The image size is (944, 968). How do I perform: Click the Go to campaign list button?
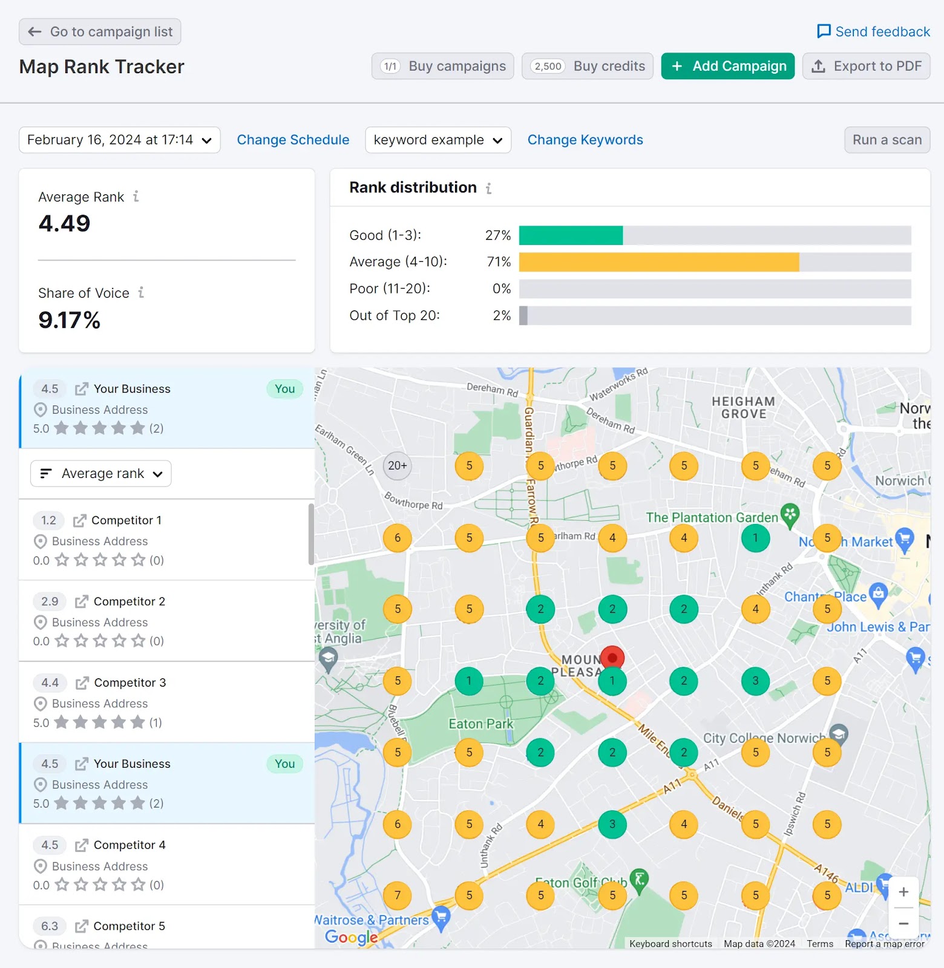point(100,31)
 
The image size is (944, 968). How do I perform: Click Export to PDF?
point(866,66)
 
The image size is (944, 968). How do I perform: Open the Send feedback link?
point(873,31)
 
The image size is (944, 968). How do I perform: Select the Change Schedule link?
point(293,140)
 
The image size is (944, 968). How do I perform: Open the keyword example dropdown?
point(438,140)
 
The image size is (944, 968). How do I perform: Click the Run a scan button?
point(887,140)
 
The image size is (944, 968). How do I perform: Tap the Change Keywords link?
point(585,140)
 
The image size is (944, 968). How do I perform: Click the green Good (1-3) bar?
point(571,235)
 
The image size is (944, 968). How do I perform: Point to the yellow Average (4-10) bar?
point(658,262)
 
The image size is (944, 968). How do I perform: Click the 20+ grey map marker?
point(398,466)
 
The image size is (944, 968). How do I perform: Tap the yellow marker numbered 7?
point(398,895)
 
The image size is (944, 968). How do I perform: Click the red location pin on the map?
point(612,658)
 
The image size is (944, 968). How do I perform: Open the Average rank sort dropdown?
point(101,473)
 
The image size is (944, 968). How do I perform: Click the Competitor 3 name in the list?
point(129,682)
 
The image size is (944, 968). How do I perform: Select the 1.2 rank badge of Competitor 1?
point(48,520)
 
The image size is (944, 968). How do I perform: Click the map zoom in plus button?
point(903,892)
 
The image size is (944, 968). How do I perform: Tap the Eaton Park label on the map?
point(480,724)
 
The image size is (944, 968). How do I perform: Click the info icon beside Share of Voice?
point(141,293)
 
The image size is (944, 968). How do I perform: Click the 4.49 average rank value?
point(64,224)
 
